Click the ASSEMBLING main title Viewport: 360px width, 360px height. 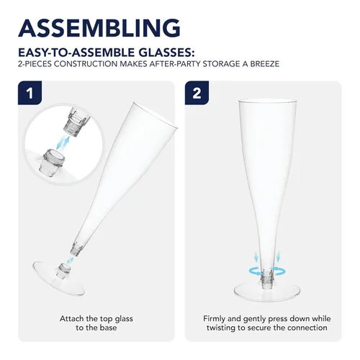tap(99, 27)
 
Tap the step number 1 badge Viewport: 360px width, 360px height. tap(30, 93)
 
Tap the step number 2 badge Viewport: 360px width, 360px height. tap(197, 93)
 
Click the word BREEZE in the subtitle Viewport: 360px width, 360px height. tap(265, 64)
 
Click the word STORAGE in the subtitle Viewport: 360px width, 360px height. tap(222, 64)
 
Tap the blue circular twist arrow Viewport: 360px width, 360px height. tap(267, 271)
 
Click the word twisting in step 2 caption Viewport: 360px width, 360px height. tap(221, 328)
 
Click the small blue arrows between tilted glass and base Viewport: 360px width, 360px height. tap(70, 260)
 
